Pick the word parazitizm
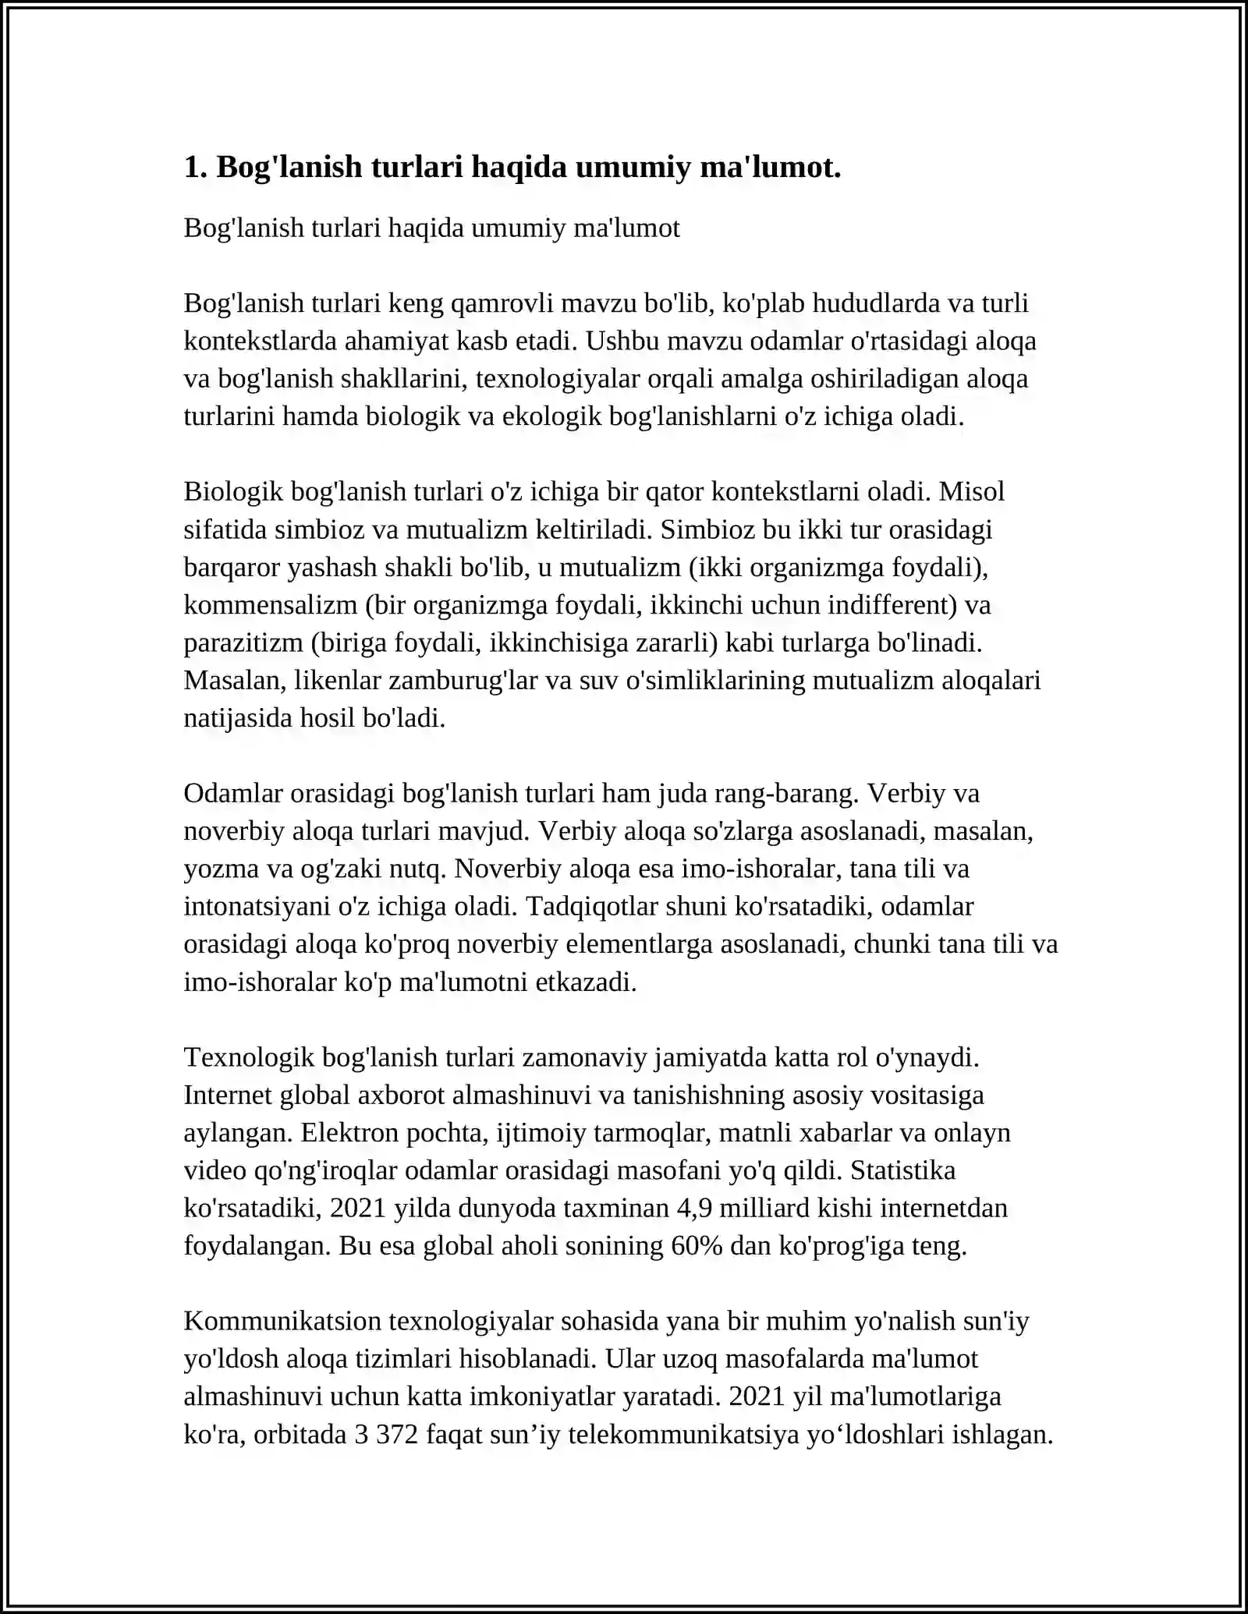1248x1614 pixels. (243, 642)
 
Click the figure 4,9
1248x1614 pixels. (693, 1209)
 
